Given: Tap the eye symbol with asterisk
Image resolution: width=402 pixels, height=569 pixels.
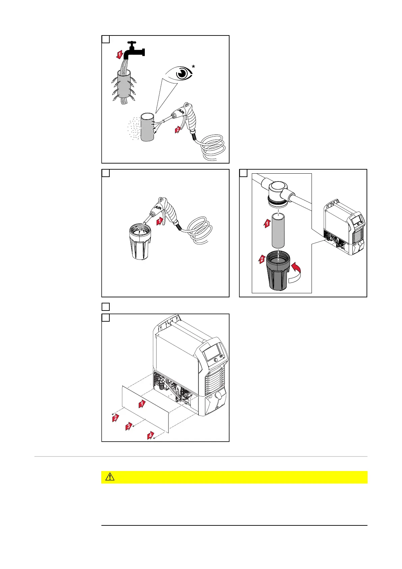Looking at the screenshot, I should point(183,74).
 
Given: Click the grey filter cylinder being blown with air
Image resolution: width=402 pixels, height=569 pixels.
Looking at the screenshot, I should point(147,127).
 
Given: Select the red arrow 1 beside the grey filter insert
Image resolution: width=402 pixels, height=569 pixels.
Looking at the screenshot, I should point(267,223).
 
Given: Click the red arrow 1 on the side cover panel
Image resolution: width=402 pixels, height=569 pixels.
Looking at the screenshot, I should point(142,403).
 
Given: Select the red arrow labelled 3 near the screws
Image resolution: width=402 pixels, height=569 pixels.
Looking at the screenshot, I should point(128,426).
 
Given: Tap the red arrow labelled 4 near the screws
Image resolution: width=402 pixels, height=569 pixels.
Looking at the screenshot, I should point(150,436).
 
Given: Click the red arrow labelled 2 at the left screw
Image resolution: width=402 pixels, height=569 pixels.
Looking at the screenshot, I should point(115,418).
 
